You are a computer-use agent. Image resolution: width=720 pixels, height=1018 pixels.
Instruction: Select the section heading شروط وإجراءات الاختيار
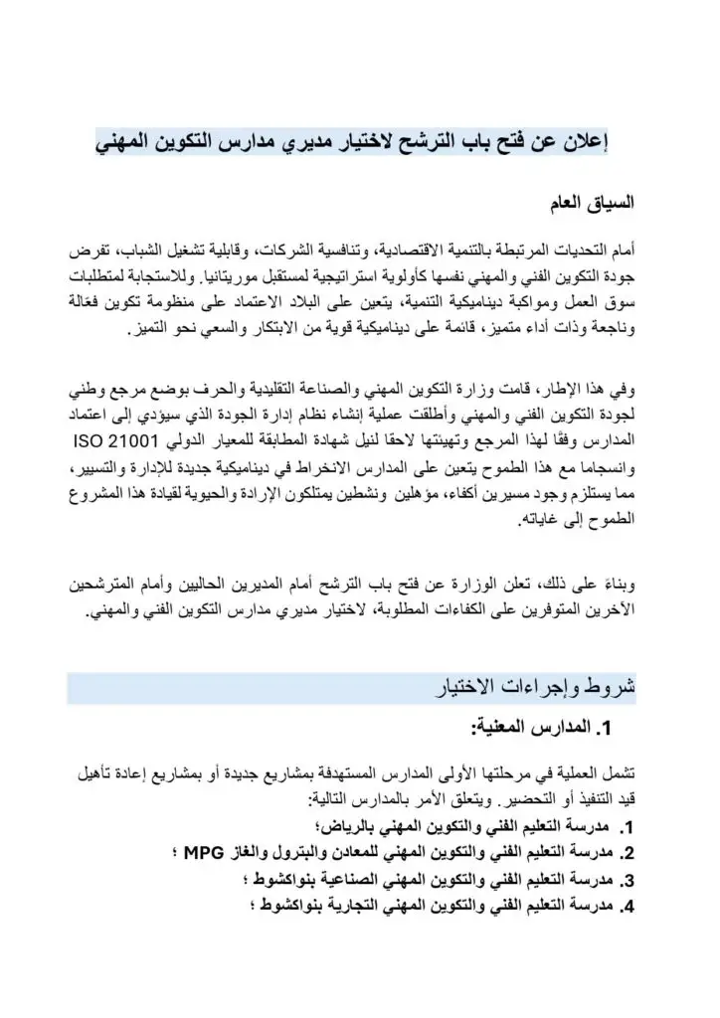coord(536,687)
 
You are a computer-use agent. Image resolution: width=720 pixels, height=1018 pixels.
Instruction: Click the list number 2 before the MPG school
coord(627,853)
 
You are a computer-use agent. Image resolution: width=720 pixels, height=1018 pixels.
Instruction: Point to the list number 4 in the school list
coord(627,905)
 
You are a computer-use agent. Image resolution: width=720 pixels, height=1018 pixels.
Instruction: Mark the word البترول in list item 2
coord(321,852)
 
